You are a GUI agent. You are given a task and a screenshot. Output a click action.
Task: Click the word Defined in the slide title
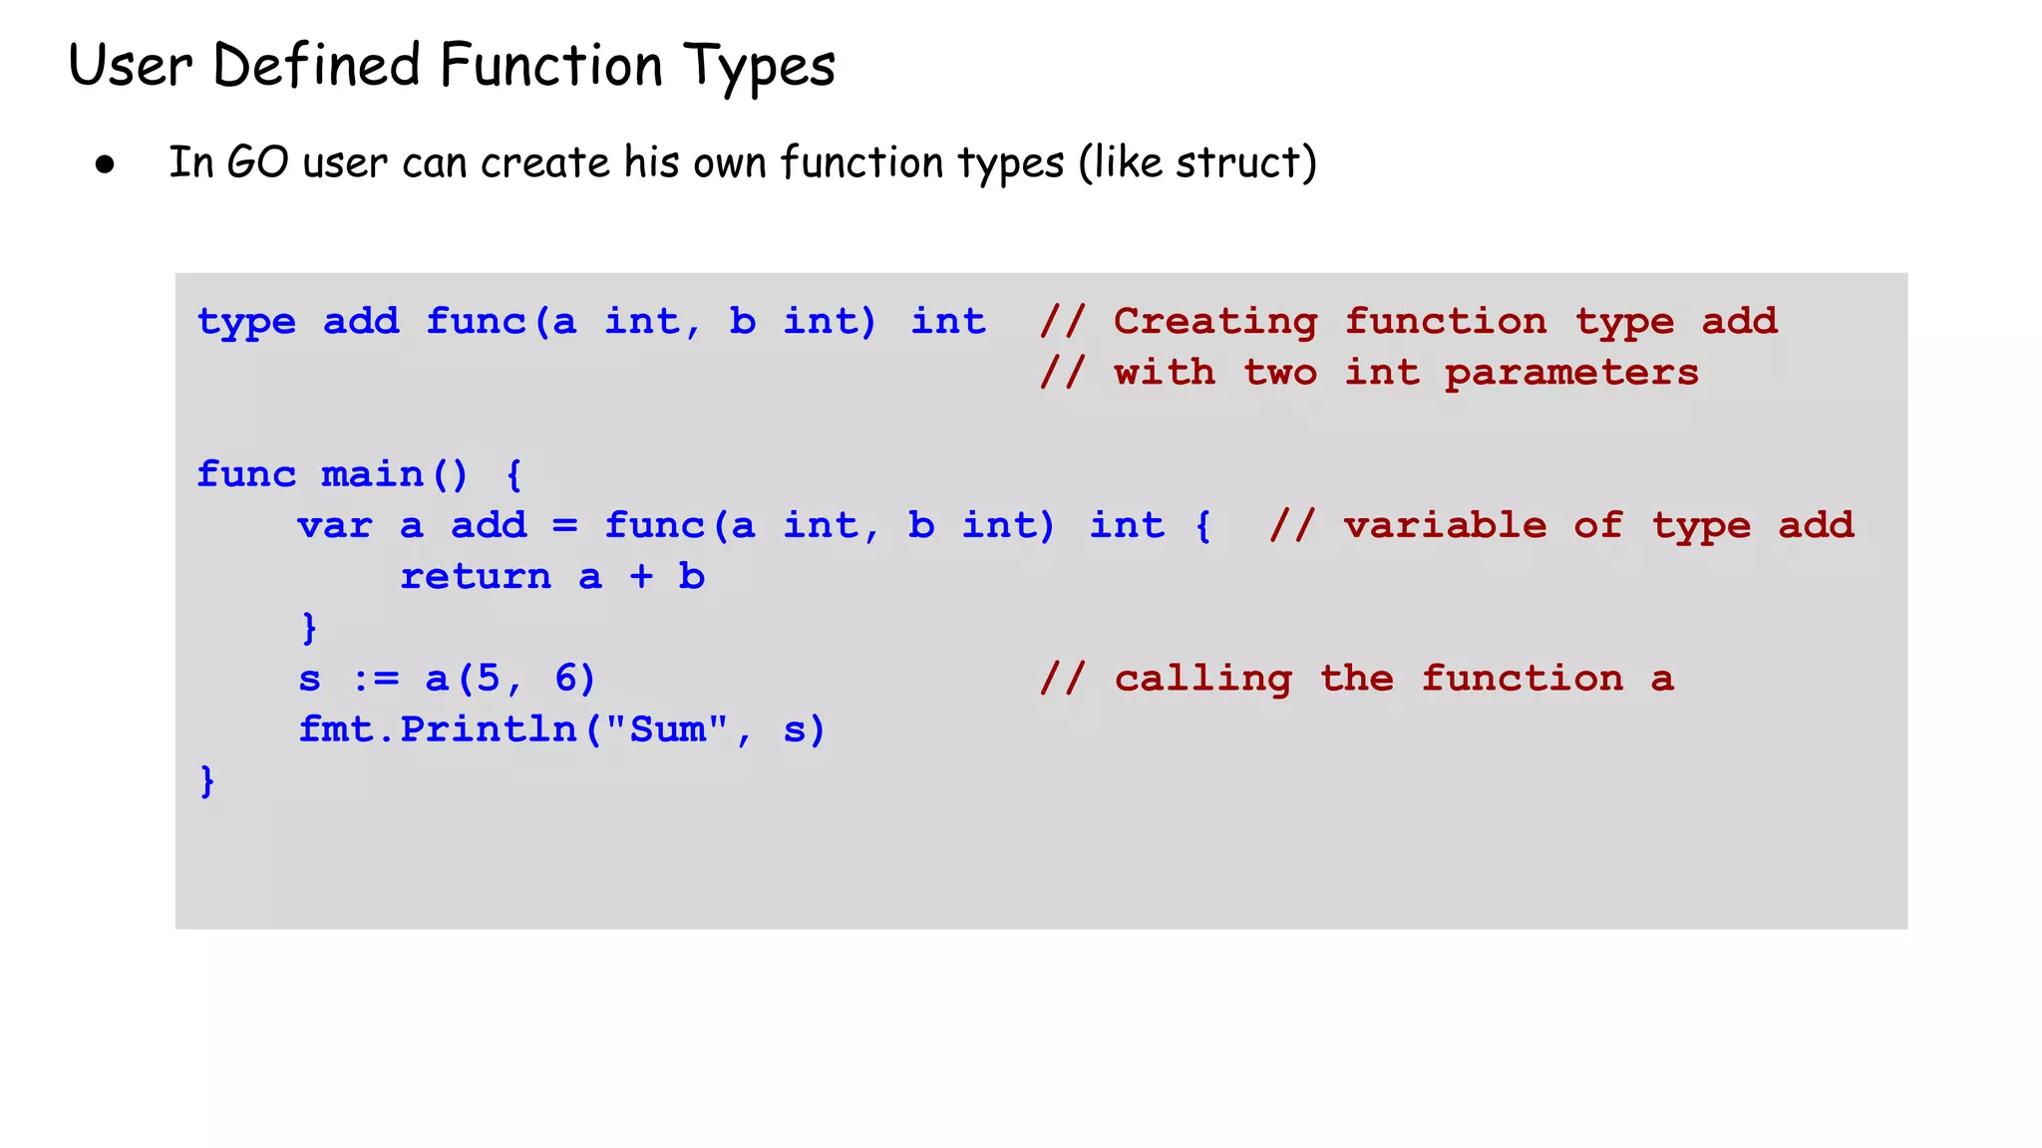[317, 66]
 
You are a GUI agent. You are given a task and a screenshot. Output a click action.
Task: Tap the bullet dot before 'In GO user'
[106, 164]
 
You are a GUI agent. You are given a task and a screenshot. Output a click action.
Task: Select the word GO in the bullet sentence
[257, 162]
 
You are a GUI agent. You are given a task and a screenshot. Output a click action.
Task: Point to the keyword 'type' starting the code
[246, 322]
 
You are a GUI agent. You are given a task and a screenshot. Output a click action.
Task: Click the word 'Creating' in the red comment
[1214, 322]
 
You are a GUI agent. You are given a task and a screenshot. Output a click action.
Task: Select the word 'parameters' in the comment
[1571, 373]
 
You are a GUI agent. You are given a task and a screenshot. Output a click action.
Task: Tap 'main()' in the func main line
[394, 474]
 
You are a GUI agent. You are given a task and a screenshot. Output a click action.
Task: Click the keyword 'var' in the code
[334, 525]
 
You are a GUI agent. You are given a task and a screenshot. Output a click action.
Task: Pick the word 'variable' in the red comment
[1445, 525]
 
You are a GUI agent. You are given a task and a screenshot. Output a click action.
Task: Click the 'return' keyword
[476, 577]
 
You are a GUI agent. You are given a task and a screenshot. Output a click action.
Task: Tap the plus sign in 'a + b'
[641, 577]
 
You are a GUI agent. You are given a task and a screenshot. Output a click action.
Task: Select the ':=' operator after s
[376, 680]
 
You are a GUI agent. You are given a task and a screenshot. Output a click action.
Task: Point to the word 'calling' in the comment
[1202, 680]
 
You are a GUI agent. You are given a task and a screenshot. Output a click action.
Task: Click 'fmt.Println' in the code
[438, 729]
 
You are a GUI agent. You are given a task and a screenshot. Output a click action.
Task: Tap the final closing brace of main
[207, 780]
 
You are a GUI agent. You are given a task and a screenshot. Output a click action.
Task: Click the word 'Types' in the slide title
[759, 68]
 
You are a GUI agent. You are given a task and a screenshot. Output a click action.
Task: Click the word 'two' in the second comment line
[1279, 373]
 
